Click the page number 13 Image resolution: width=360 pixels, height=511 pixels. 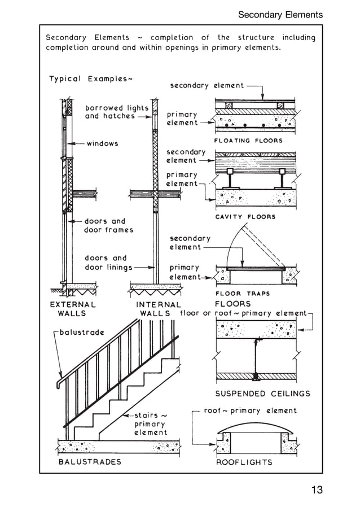coord(317,490)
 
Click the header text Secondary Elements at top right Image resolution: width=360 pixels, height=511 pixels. coord(280,15)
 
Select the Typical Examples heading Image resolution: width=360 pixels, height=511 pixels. coord(91,78)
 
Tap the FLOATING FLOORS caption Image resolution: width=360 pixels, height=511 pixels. coord(248,141)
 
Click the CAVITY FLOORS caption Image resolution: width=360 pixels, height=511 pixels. coord(245,217)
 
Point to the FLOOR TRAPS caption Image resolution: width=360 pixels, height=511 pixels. coord(243,294)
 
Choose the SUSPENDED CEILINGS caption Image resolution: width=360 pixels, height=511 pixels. coord(263,394)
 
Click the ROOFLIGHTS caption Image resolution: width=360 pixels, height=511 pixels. coord(244,462)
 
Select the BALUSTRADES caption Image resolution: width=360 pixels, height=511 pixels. coord(90,462)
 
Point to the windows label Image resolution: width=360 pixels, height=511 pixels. coord(102,143)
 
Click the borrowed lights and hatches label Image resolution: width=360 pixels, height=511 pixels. coord(117,112)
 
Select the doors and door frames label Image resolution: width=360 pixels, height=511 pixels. coord(108,226)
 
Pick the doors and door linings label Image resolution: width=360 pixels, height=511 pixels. coord(108,263)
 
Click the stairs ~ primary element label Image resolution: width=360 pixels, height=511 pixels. coord(150,423)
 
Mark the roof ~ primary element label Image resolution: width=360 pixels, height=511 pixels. coord(249,410)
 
